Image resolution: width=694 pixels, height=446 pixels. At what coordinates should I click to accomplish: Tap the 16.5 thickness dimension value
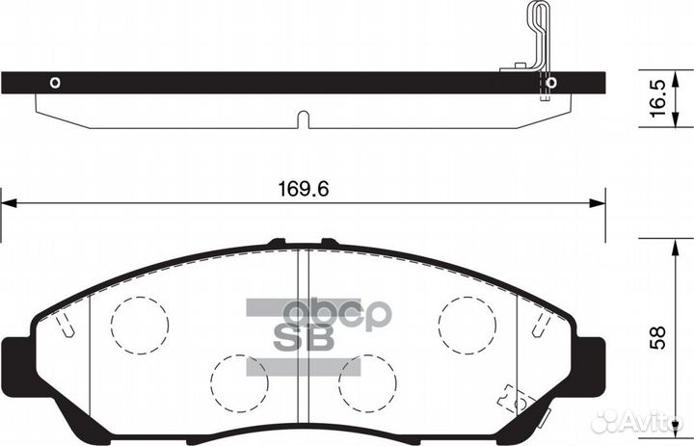(x=658, y=99)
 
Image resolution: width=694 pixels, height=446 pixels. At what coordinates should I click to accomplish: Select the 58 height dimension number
(x=659, y=338)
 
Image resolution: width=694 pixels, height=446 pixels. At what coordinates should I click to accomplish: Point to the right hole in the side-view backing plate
(x=550, y=83)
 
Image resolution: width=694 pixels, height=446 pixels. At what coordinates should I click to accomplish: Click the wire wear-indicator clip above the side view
(x=538, y=39)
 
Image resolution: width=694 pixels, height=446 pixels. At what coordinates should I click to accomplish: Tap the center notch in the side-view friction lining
(x=302, y=120)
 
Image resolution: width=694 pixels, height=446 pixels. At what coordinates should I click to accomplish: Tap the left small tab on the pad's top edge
(x=277, y=242)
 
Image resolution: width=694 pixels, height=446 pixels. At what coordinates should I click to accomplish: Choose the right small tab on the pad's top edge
(x=329, y=242)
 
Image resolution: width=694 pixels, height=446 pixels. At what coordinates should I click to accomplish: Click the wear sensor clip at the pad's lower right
(x=510, y=396)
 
